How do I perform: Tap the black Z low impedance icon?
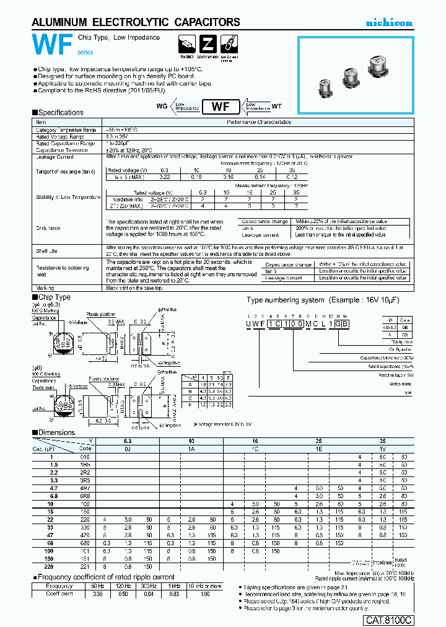208,45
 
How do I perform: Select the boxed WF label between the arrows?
221,106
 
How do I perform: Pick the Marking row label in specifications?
45,288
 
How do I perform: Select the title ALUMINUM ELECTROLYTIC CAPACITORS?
136,22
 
